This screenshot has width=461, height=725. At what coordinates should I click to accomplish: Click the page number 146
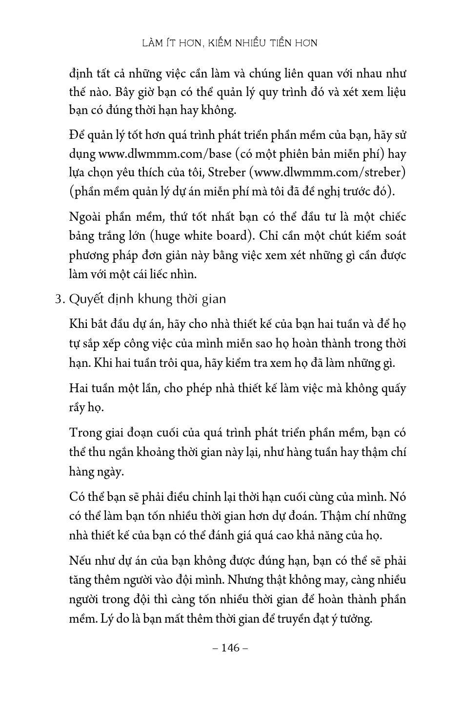(x=231, y=648)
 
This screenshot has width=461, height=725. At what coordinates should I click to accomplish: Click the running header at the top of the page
(x=230, y=43)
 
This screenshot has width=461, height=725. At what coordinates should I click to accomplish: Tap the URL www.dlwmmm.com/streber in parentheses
(x=330, y=173)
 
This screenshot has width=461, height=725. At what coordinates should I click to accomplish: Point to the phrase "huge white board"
(x=201, y=236)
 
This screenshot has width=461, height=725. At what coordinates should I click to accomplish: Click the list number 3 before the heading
(x=59, y=299)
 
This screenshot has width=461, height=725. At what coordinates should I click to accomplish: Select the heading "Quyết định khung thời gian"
(x=147, y=299)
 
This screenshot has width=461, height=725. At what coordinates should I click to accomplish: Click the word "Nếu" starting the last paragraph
(x=80, y=561)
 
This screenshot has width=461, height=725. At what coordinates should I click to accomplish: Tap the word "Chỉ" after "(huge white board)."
(x=269, y=236)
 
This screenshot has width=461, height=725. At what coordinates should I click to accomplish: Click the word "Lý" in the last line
(x=106, y=619)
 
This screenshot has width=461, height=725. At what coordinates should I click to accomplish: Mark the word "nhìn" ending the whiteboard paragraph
(x=182, y=275)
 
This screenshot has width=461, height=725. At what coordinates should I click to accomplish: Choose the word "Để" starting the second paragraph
(x=78, y=135)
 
